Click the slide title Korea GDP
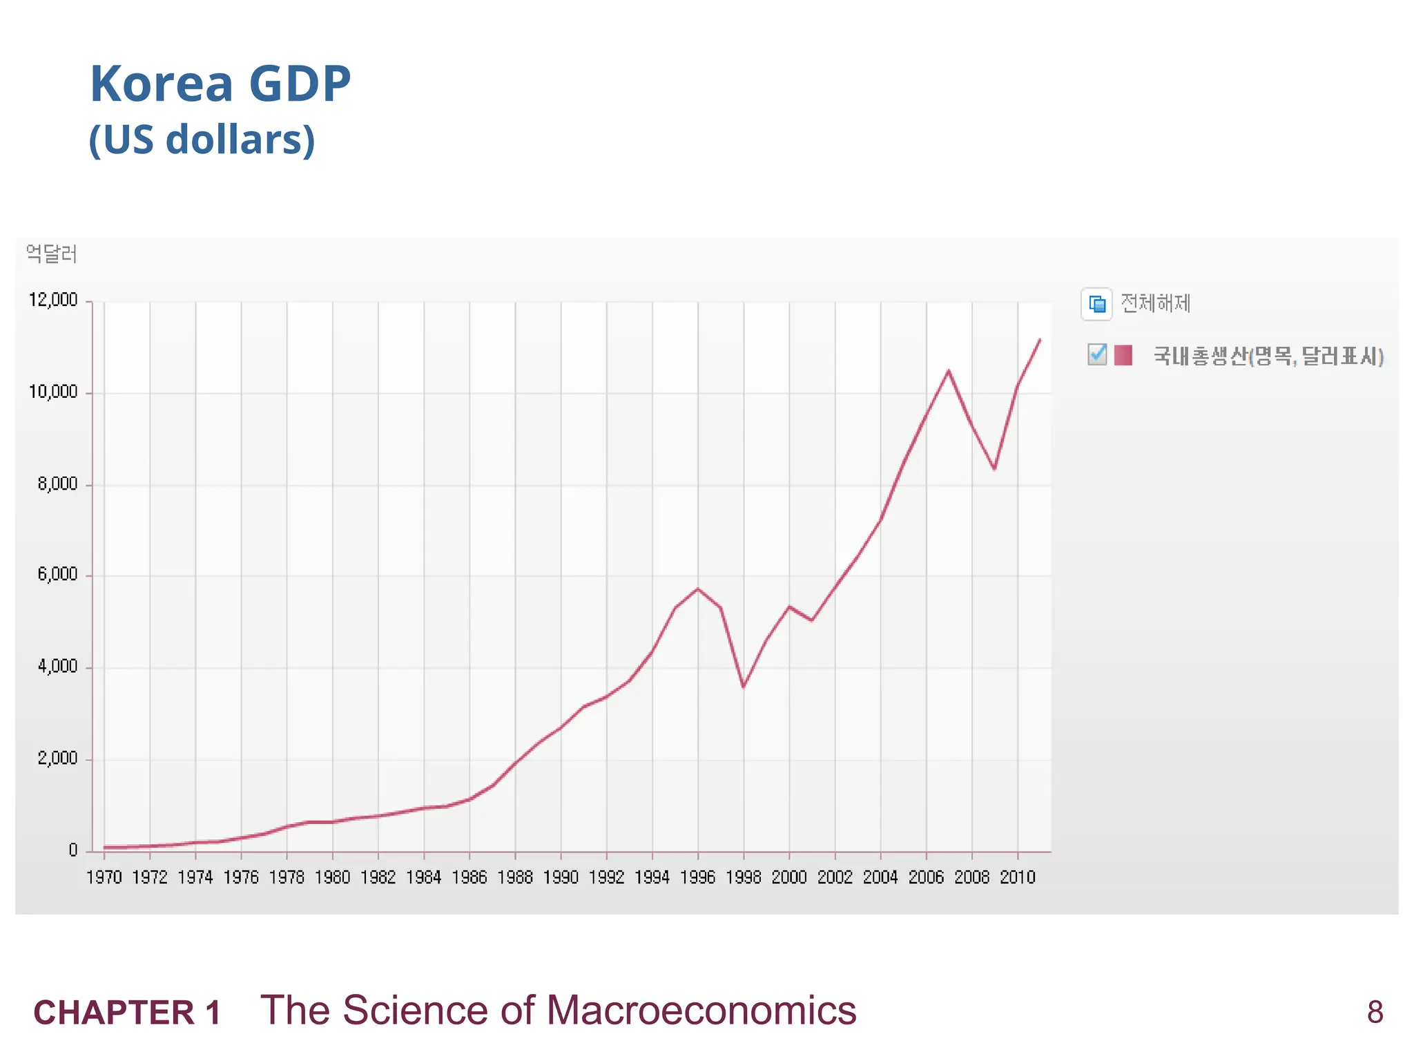pos(220,84)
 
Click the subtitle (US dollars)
pos(202,140)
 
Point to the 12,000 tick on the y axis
pos(53,300)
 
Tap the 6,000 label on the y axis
pos(57,575)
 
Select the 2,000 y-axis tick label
pos(57,758)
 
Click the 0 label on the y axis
pos(73,850)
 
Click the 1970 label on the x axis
pos(104,877)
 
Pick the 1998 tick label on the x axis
pos(744,877)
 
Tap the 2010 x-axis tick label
pos(1018,877)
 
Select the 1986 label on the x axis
pos(469,877)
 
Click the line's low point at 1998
pos(744,687)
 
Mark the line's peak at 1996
pos(698,589)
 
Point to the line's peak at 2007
pos(949,371)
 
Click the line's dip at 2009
pos(994,469)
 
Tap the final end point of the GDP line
pos(1040,339)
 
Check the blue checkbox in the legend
pos(1096,354)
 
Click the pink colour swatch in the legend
pos(1123,355)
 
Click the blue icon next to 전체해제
pos(1097,304)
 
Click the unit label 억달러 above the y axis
pos(51,254)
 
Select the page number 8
pos(1375,1012)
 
